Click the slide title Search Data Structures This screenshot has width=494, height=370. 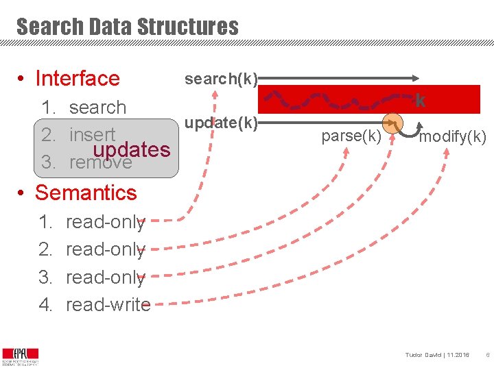tap(128, 27)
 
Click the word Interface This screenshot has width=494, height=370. tap(77, 79)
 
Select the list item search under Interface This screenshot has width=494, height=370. tap(97, 108)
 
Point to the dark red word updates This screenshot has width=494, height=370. tap(132, 149)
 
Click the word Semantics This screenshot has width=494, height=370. tap(86, 193)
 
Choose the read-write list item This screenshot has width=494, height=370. tap(108, 304)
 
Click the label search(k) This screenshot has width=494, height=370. tap(220, 79)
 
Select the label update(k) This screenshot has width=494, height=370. tap(220, 123)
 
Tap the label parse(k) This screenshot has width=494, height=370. tap(351, 136)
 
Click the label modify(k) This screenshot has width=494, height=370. tap(453, 137)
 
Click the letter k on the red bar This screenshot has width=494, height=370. tap(421, 101)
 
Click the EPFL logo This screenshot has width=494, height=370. tap(21, 355)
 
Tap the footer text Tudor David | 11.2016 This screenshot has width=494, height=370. tap(437, 355)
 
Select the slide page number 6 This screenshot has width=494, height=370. tap(486, 355)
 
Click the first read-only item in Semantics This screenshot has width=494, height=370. tap(105, 222)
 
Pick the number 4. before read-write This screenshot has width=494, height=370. tap(46, 304)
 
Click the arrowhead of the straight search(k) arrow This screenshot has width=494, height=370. tap(416, 77)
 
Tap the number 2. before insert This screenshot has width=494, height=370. tap(48, 134)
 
